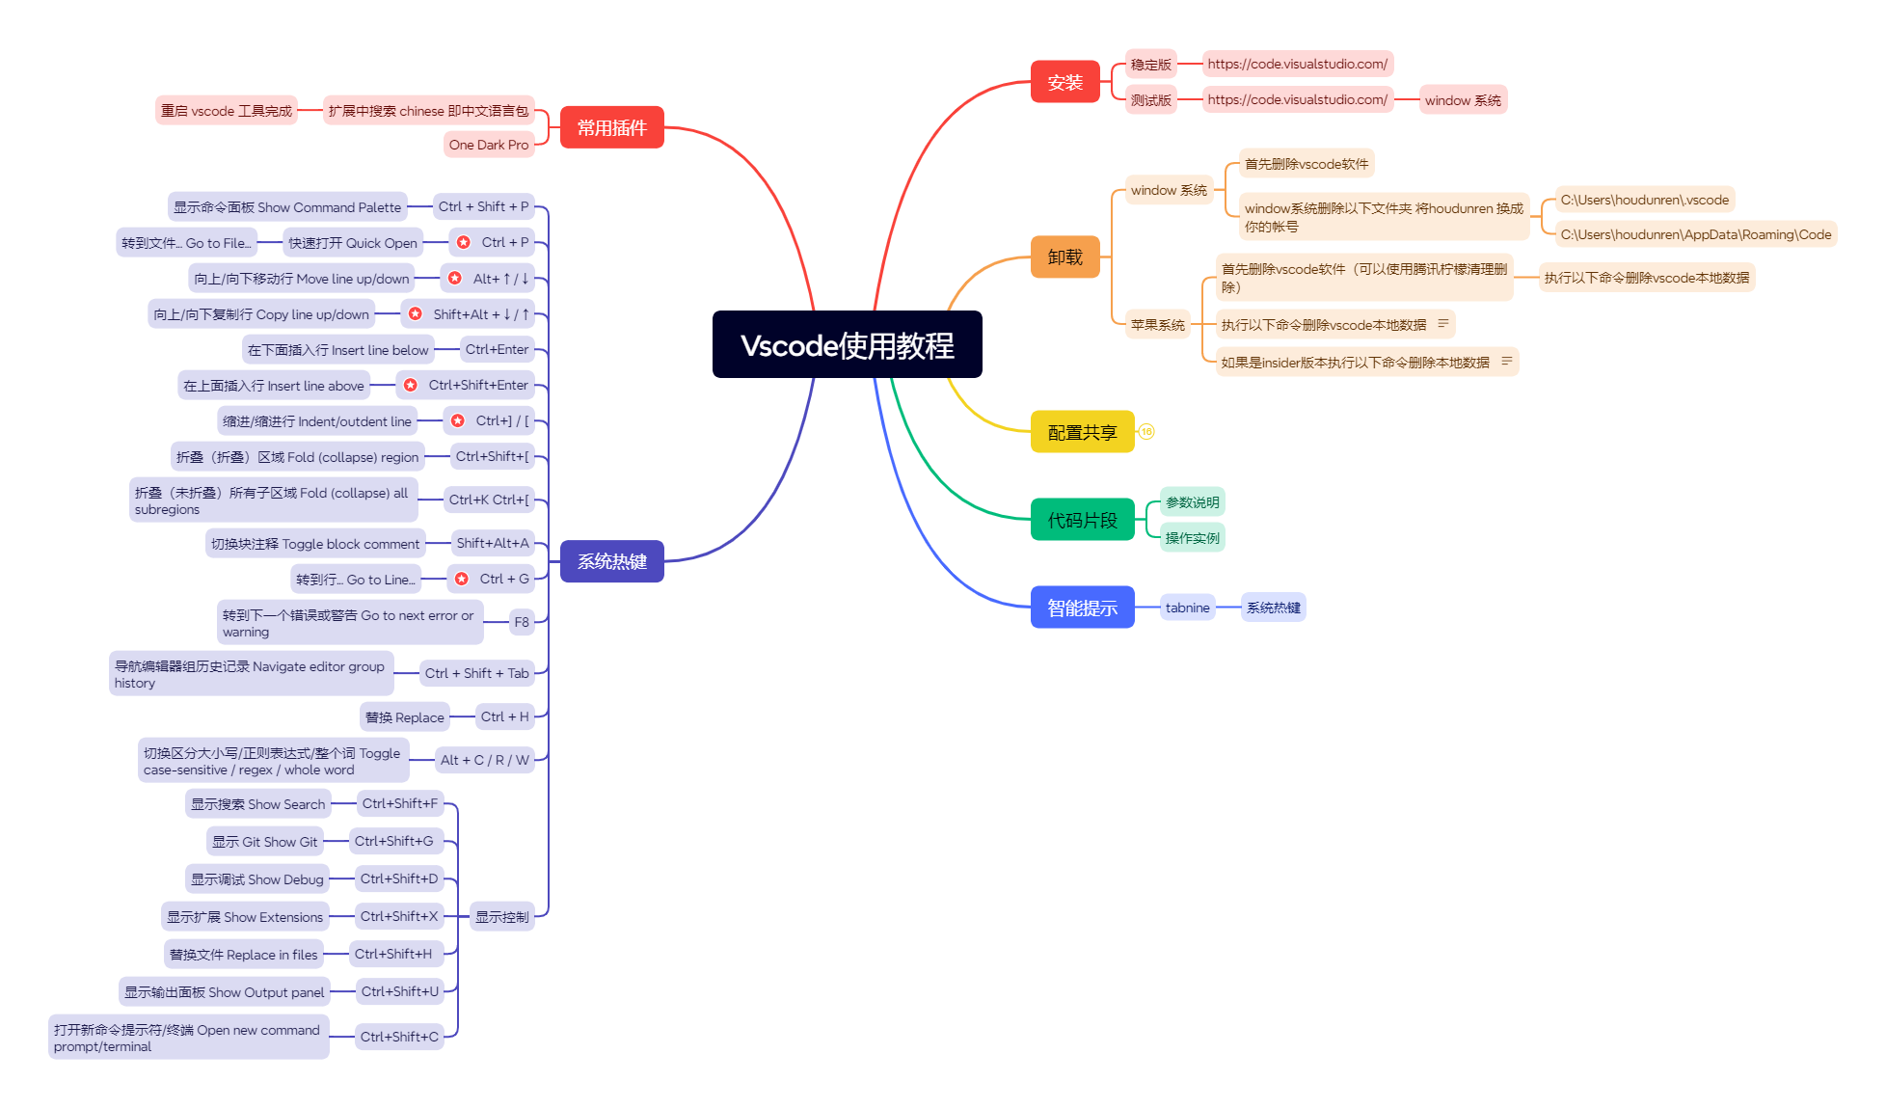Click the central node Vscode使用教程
847,344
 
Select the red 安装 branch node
1064,82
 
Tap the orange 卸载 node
1064,257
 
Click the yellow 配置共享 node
1082,432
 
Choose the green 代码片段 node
1082,520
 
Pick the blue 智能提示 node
1082,608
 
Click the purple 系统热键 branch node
611,561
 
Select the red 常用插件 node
611,127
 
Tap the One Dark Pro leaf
489,145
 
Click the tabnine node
1187,608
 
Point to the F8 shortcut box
522,622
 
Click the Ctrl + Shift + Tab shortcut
477,673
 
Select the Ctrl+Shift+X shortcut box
399,916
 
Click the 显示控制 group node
502,917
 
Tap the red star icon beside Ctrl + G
462,579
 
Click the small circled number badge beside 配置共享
1146,432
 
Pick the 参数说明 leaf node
1192,502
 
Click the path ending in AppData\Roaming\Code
1696,234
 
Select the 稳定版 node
1151,65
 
